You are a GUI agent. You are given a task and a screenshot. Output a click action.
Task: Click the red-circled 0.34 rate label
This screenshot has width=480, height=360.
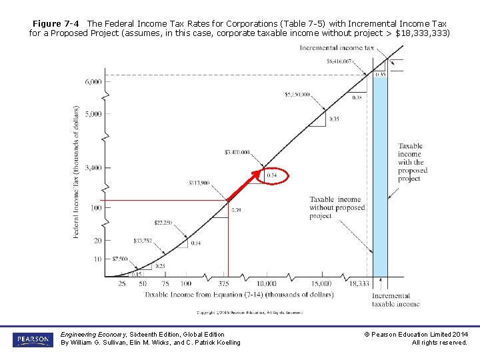pos(271,176)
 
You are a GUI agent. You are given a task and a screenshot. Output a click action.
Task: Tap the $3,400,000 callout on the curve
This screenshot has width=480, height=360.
pos(237,152)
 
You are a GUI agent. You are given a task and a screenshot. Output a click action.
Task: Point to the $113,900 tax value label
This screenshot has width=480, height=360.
pos(199,182)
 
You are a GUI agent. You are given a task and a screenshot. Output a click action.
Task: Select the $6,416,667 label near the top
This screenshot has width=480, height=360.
pos(340,61)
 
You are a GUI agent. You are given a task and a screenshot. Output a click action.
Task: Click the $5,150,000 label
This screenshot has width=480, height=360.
pos(297,95)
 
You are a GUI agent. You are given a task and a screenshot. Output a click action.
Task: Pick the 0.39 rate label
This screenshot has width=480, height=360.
pos(236,210)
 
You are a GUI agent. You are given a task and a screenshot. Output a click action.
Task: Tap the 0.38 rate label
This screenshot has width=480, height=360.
pos(357,97)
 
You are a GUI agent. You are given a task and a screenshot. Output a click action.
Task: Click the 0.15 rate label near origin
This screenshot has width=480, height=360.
pos(136,274)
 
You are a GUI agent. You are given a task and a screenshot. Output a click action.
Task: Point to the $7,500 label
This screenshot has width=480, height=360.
pos(119,259)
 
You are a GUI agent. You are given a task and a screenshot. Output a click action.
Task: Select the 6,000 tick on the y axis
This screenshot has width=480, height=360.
pos(93,81)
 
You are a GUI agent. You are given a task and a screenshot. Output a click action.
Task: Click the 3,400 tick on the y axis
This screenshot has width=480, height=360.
pos(93,168)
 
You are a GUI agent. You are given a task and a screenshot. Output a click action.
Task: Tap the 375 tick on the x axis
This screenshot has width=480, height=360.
pos(225,284)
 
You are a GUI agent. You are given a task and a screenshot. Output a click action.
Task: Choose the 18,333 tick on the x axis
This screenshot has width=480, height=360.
pos(359,284)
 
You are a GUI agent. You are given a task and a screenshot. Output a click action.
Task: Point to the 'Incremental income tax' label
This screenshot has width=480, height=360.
pos(337,48)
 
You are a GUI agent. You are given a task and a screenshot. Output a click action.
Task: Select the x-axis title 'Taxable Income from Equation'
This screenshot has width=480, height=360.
pos(239,294)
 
